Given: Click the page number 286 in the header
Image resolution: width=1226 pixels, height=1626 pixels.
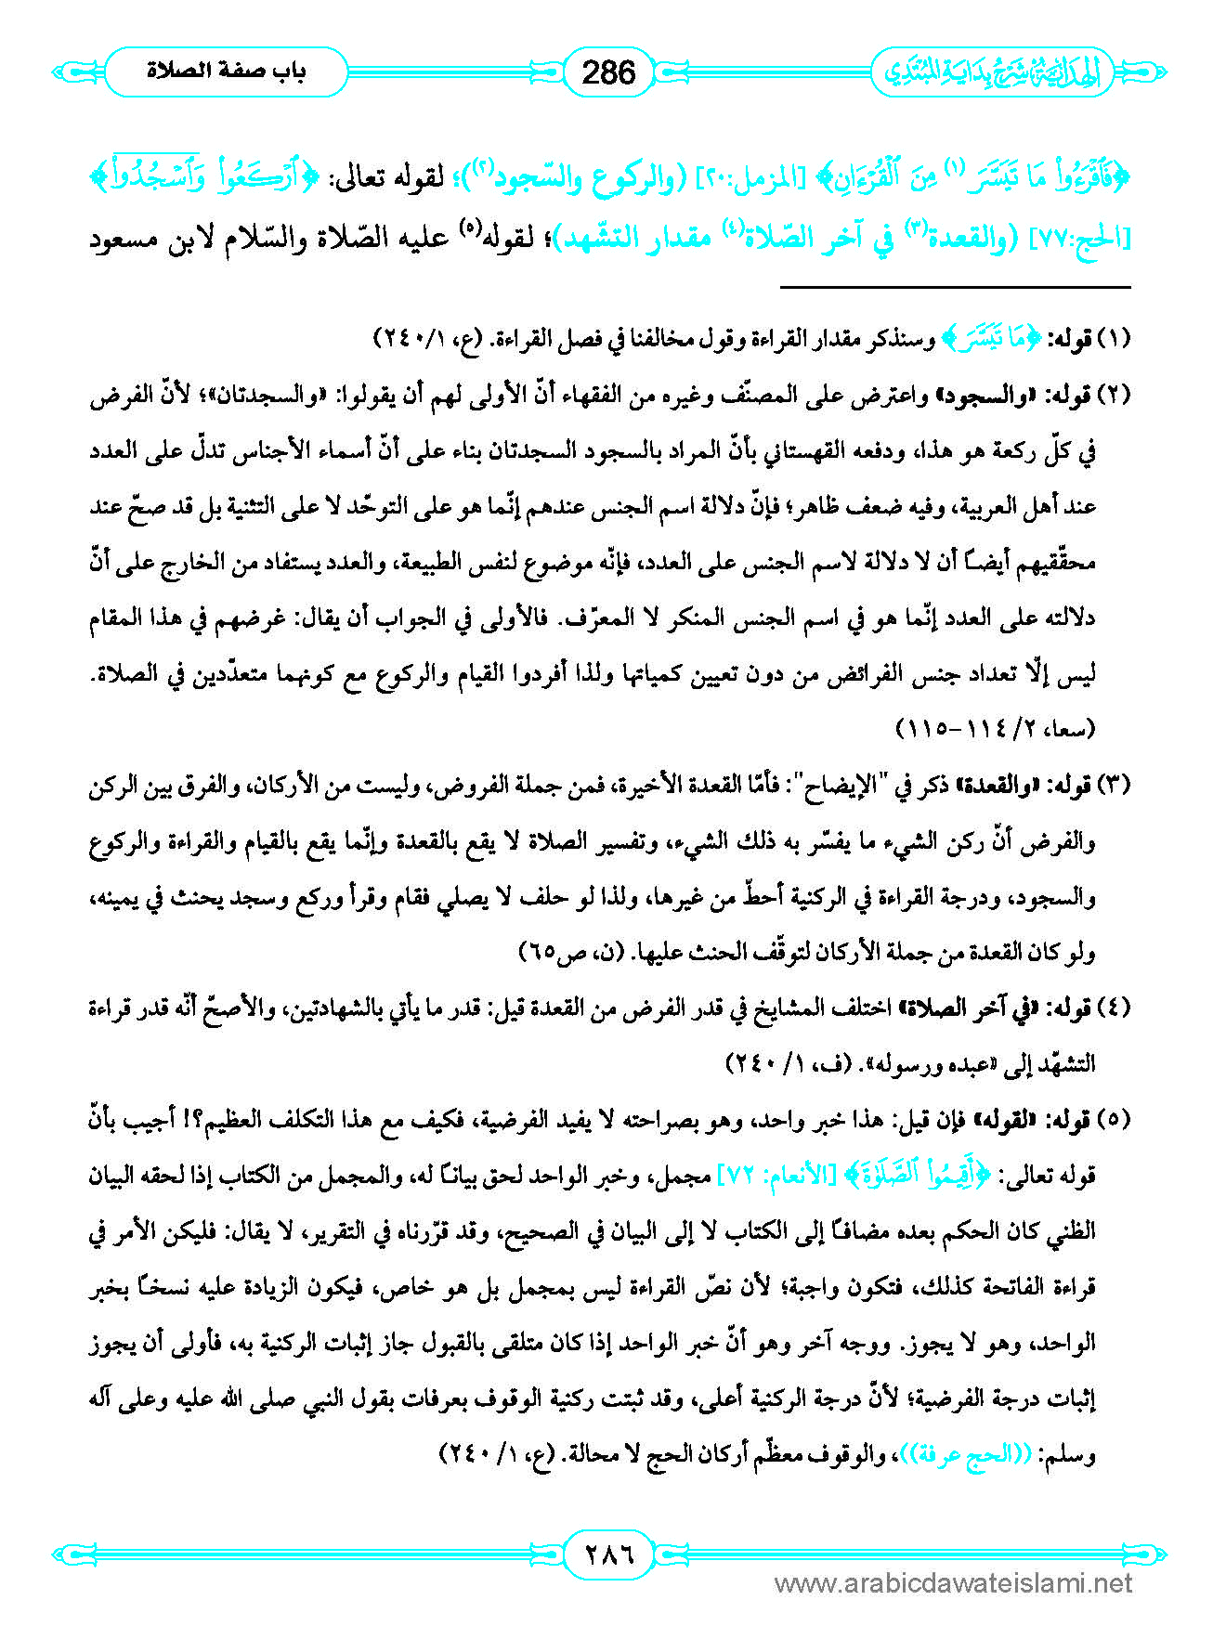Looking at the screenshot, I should [x=608, y=72].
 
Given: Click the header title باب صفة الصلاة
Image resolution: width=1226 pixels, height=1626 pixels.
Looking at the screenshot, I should [x=226, y=72].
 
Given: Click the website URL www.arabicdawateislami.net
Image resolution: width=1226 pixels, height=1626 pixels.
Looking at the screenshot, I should [x=953, y=1584].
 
